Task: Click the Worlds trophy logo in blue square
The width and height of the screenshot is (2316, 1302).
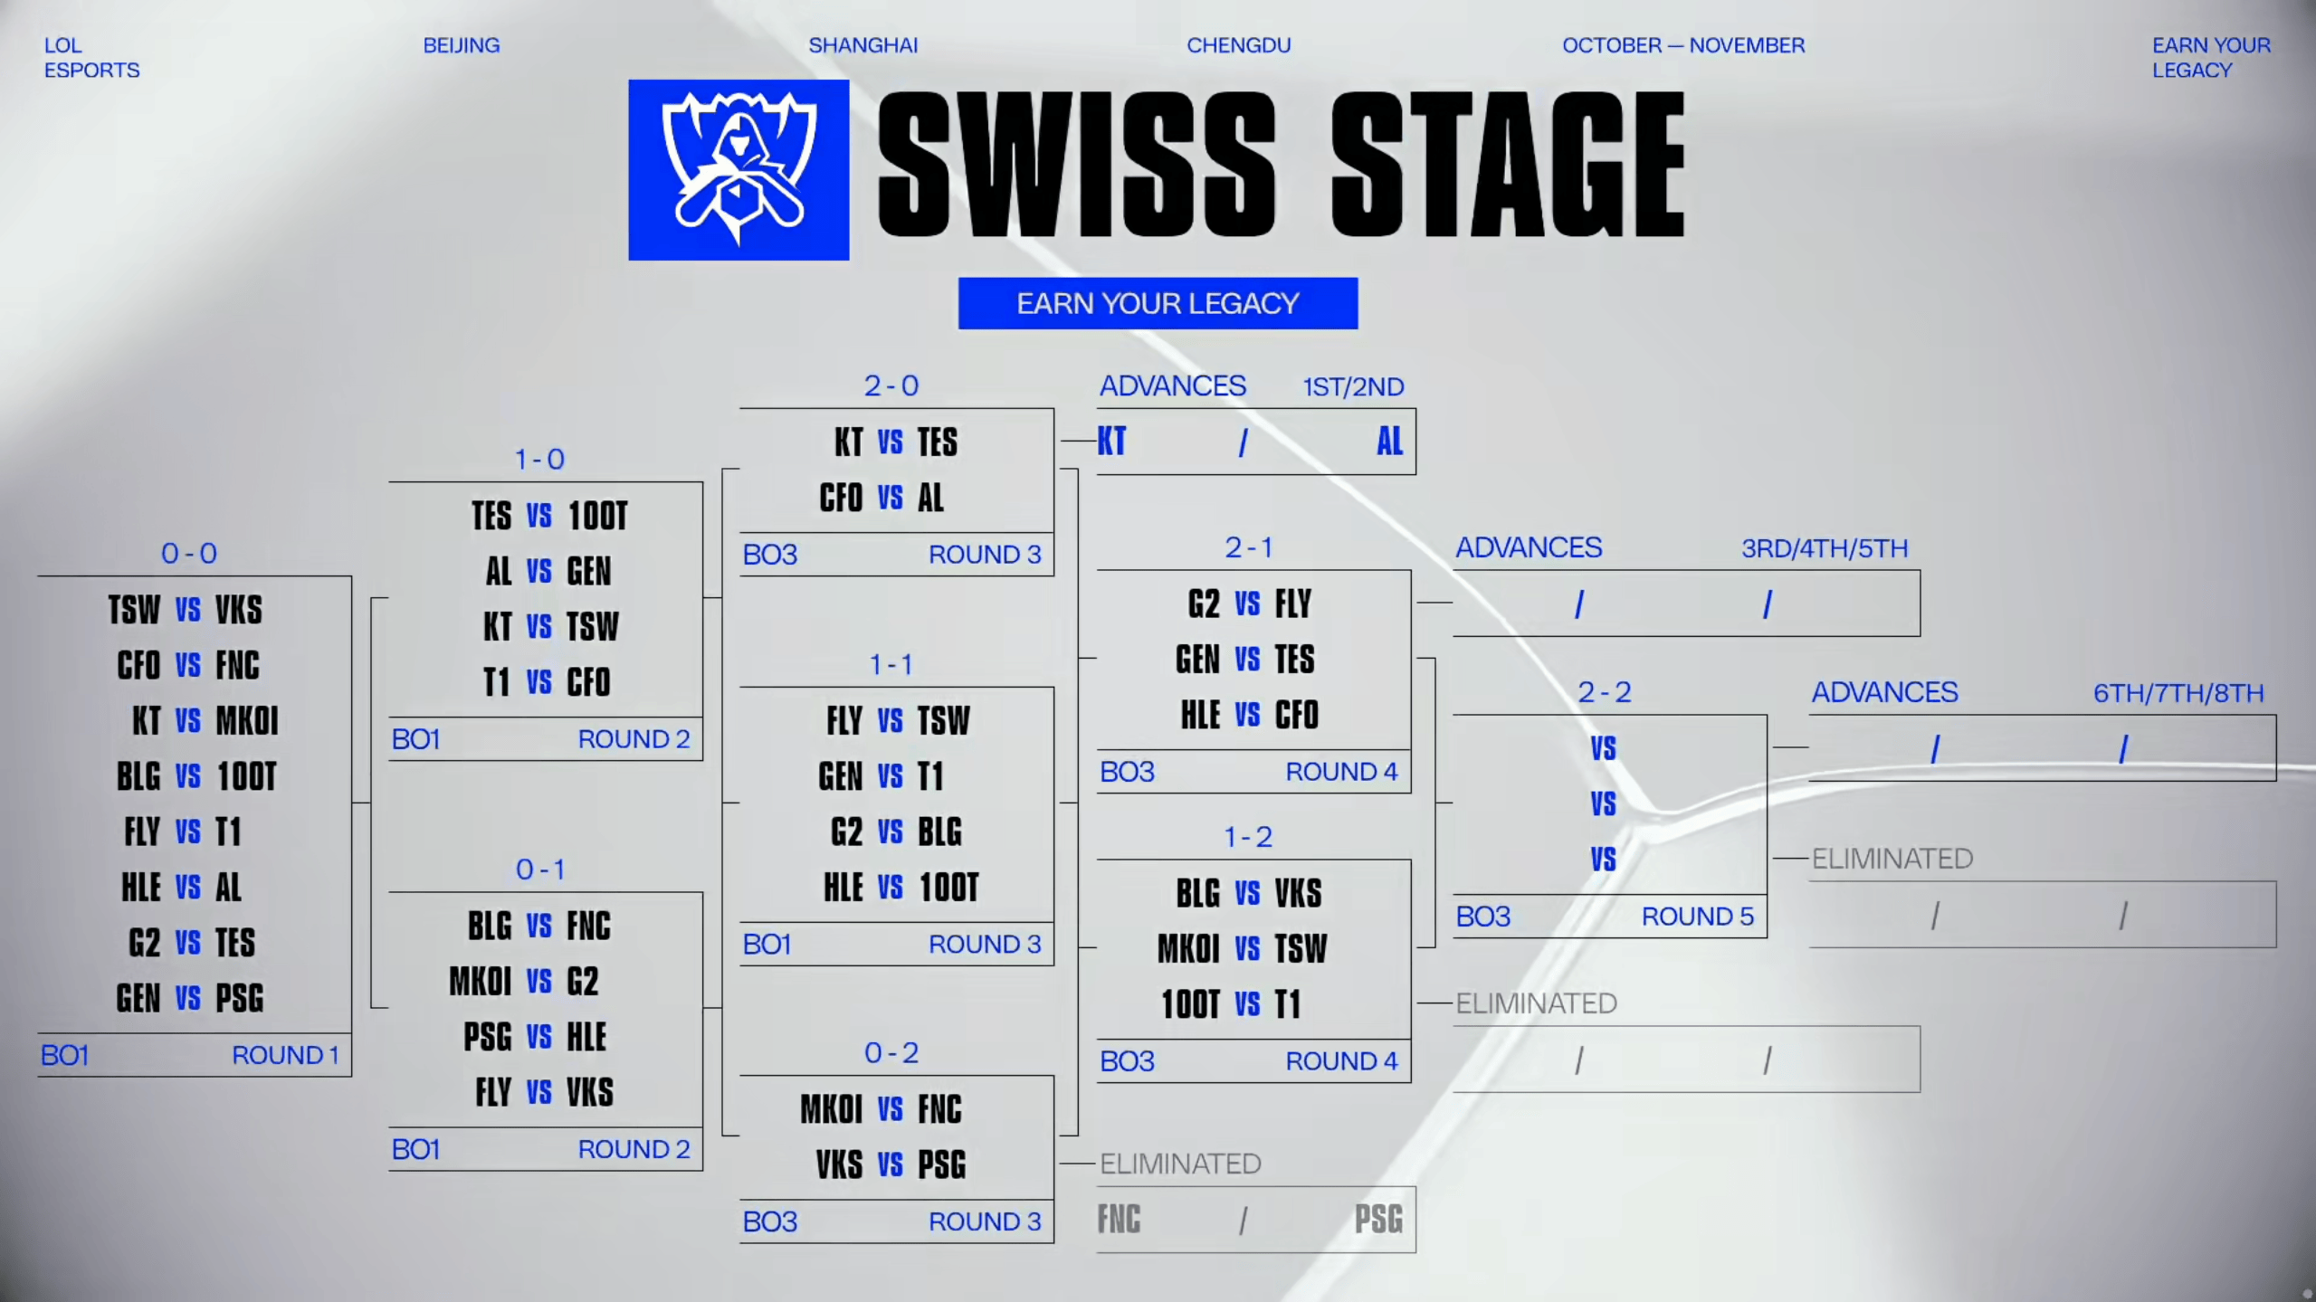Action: tap(739, 170)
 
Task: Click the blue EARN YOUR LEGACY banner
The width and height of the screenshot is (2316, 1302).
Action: tap(1158, 303)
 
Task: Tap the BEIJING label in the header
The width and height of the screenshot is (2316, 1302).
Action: tap(462, 45)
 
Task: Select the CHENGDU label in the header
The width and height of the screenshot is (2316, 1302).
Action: tap(1238, 45)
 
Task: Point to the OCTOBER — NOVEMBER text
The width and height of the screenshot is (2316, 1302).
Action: tap(1683, 45)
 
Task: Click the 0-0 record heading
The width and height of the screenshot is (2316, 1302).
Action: tap(189, 553)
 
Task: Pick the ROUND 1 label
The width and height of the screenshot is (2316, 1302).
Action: tap(285, 1055)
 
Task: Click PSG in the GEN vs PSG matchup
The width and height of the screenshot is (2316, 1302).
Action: tap(240, 998)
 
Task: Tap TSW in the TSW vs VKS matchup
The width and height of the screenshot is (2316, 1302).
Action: tap(134, 609)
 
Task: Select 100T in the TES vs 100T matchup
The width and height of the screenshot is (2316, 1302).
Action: tap(597, 516)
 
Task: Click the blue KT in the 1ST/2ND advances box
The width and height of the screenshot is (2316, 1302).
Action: tap(1112, 442)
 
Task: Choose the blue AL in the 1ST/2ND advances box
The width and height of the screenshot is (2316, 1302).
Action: tap(1389, 442)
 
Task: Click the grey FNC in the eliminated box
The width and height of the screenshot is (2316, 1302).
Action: tap(1119, 1219)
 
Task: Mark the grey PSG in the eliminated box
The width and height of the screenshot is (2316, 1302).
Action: tap(1378, 1219)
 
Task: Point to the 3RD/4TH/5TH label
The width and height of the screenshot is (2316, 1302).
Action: tap(1825, 548)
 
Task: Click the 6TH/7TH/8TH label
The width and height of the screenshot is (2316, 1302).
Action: tap(2178, 693)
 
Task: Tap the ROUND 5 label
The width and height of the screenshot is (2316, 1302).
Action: tap(1698, 917)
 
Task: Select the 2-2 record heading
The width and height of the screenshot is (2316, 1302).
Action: tap(1605, 692)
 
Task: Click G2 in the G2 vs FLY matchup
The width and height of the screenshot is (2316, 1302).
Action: tap(1204, 603)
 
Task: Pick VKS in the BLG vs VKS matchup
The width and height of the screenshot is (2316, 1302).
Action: tap(1298, 893)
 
